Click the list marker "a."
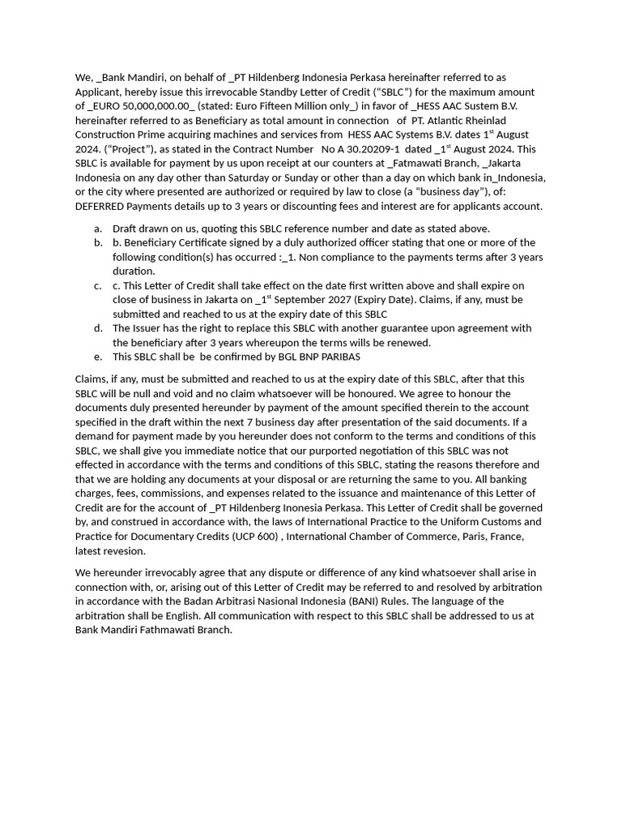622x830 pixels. pos(98,229)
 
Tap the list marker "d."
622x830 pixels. pos(98,328)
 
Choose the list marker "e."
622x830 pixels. pos(98,357)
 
